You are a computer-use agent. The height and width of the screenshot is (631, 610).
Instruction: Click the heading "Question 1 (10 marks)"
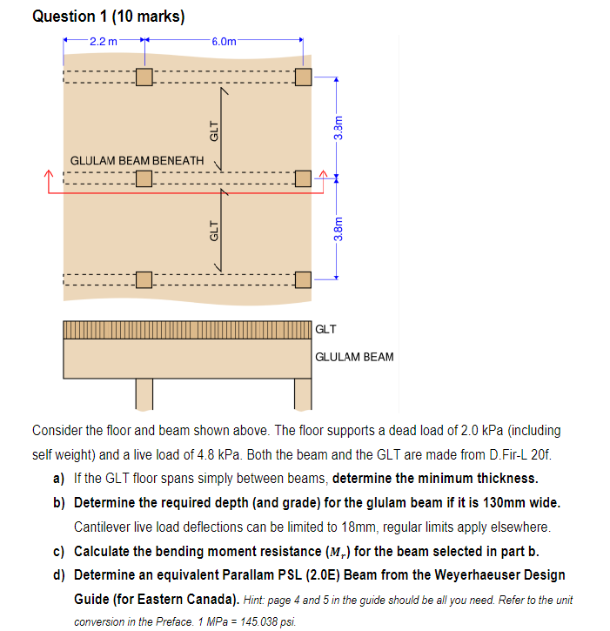tap(108, 17)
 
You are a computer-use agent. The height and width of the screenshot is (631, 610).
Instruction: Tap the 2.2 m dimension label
tap(104, 41)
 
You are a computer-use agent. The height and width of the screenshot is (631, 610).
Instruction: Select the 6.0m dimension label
tap(223, 41)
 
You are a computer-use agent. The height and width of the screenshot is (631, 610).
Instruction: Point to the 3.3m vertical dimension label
tap(339, 128)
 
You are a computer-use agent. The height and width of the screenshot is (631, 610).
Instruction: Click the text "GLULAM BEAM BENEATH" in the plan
tap(137, 161)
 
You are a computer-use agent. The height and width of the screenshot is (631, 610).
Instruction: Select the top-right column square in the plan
tap(303, 77)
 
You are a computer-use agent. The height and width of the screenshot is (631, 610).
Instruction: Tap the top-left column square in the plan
tap(144, 77)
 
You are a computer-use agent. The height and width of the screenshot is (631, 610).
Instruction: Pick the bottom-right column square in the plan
tap(303, 279)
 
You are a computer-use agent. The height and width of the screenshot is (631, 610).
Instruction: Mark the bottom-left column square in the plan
tap(144, 279)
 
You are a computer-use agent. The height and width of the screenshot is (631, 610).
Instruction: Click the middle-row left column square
tap(144, 178)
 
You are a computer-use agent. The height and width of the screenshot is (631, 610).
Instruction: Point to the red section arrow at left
tap(50, 178)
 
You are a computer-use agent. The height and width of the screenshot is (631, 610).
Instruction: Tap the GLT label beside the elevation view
tap(325, 330)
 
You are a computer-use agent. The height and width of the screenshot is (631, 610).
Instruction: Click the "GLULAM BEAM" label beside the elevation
tap(354, 357)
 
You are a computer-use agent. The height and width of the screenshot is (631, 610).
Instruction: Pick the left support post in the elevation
tap(144, 393)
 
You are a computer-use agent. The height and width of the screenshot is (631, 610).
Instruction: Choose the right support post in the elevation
tap(303, 393)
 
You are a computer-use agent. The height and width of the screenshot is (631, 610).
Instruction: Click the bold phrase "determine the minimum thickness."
tap(435, 478)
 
